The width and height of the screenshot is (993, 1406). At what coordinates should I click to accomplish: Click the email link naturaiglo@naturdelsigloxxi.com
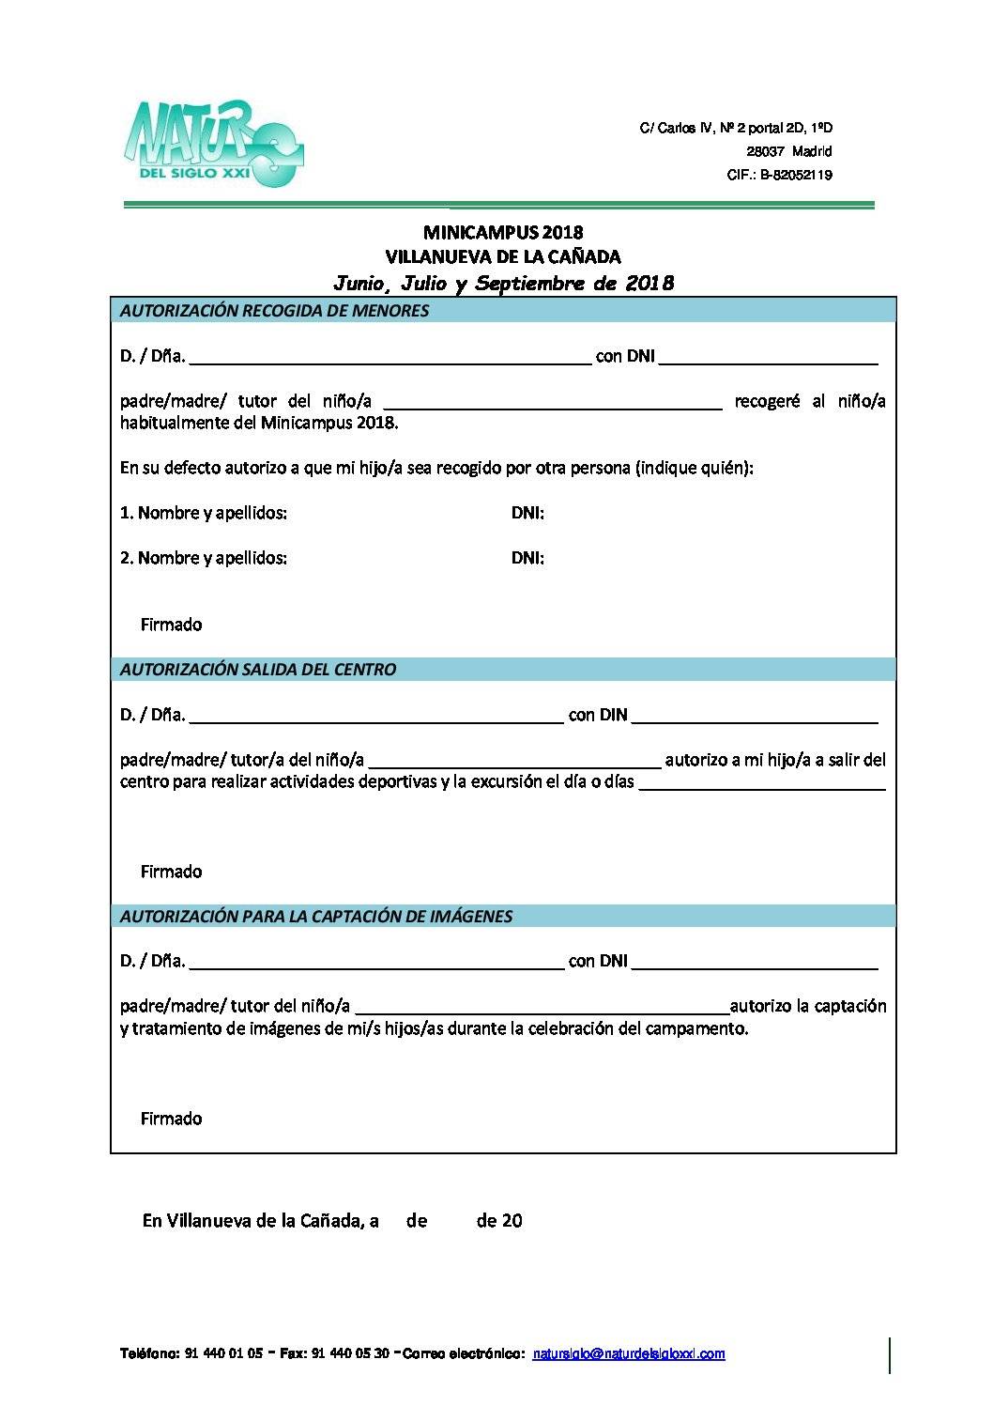(628, 1353)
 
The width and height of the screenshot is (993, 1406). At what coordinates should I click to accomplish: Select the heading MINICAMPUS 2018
(503, 232)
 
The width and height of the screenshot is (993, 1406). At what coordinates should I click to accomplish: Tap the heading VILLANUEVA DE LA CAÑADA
(503, 255)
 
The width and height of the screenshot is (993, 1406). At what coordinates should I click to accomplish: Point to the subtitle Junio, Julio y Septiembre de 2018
(503, 283)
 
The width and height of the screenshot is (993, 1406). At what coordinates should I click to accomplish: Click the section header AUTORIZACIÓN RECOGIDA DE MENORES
(274, 311)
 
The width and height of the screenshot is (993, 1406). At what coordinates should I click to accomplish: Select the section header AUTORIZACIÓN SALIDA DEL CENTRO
(258, 670)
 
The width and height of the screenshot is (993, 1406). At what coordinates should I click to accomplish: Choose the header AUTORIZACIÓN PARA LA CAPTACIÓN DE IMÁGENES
(316, 916)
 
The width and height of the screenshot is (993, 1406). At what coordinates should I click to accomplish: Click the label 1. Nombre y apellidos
(204, 513)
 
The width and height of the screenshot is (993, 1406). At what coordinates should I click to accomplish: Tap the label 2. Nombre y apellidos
(204, 558)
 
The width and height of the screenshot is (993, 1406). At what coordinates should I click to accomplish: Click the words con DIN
(598, 715)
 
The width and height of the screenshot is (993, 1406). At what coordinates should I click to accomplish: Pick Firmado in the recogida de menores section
(171, 625)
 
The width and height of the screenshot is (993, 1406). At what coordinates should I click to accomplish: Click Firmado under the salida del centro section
(171, 872)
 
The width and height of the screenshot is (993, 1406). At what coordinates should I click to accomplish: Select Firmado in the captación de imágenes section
(171, 1119)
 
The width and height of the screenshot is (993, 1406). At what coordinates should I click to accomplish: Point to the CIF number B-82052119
(779, 175)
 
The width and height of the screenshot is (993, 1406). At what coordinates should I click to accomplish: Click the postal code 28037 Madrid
(788, 151)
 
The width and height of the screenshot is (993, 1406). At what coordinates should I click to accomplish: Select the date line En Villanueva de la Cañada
(331, 1221)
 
